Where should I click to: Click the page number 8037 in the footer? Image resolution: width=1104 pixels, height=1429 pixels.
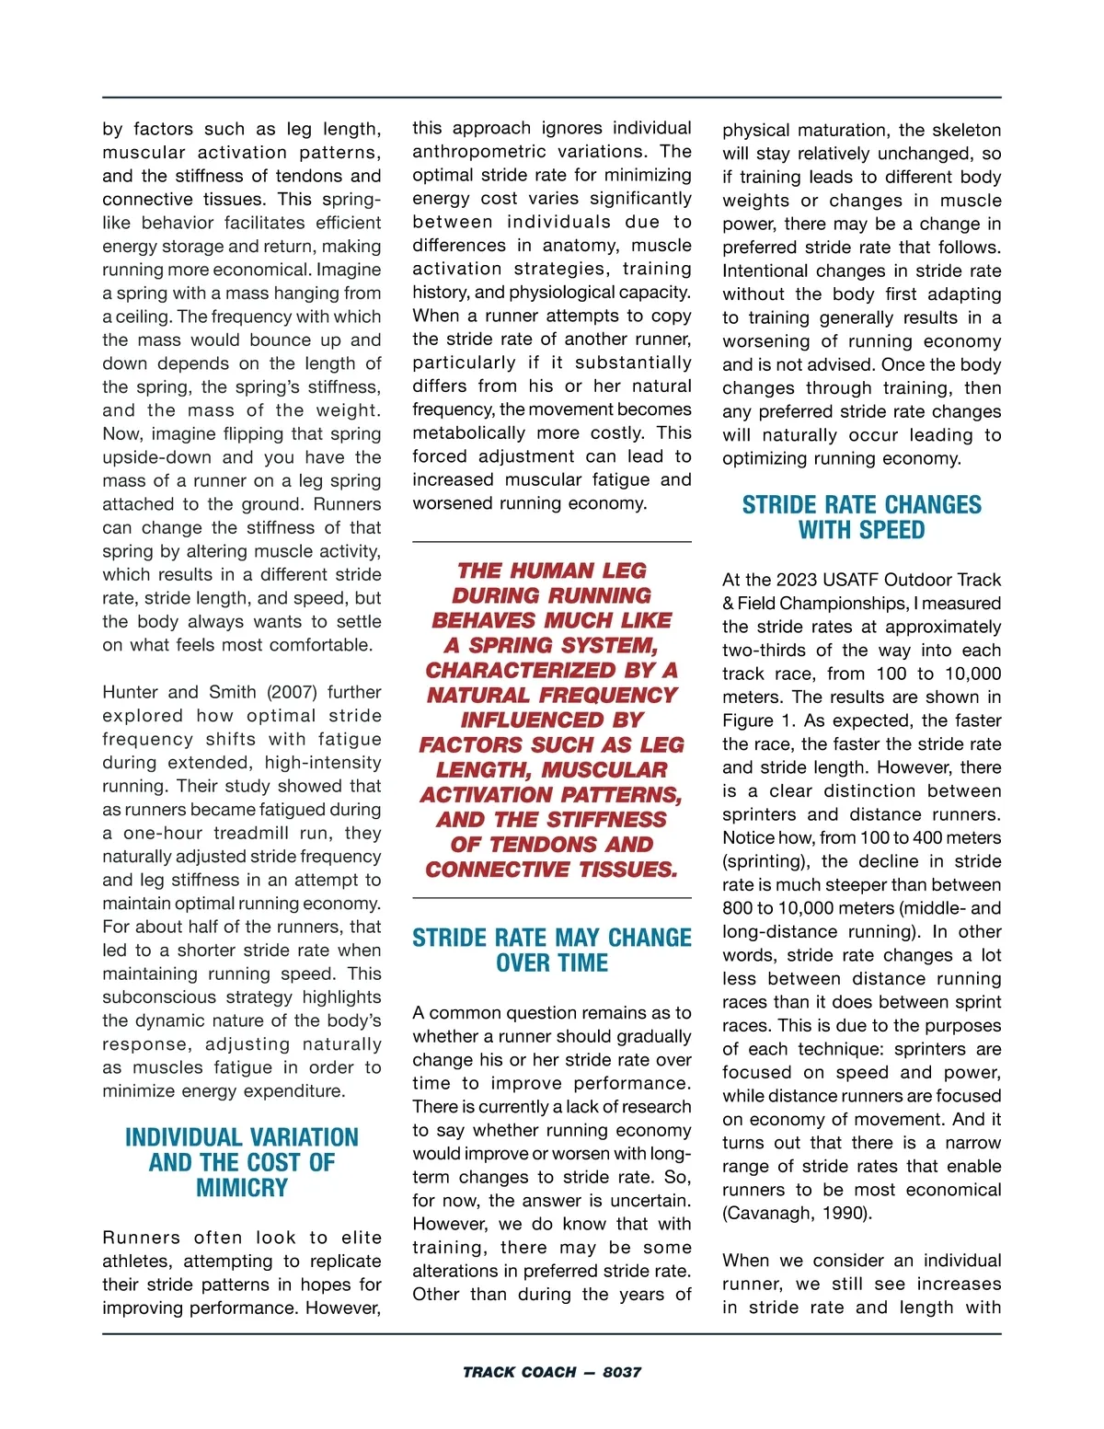[622, 1372]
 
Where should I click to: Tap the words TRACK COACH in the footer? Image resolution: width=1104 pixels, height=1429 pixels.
[520, 1372]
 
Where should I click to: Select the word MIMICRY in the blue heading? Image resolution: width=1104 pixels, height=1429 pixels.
[242, 1188]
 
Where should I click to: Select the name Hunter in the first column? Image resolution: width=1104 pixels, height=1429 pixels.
[131, 692]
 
